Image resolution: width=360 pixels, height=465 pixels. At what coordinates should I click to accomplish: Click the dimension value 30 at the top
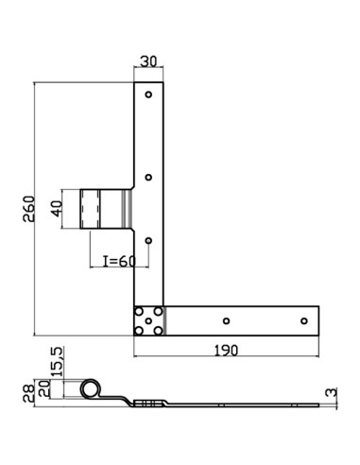click(148, 61)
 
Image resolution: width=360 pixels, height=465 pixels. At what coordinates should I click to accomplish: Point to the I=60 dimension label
click(114, 261)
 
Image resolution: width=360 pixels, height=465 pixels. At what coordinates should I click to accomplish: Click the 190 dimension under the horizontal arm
click(225, 350)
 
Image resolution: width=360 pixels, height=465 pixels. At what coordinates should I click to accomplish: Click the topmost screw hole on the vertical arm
click(148, 95)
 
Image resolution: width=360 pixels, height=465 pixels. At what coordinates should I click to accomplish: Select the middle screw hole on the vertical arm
click(148, 177)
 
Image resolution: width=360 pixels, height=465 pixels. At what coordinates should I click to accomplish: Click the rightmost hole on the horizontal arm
click(303, 320)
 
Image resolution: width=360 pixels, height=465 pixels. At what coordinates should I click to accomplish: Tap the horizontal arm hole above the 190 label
click(224, 320)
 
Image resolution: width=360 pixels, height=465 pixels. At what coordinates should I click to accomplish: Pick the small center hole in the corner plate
click(148, 320)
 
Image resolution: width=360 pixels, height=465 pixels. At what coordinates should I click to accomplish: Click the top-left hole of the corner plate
click(140, 311)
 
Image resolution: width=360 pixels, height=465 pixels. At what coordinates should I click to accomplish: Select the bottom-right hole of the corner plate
click(158, 330)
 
